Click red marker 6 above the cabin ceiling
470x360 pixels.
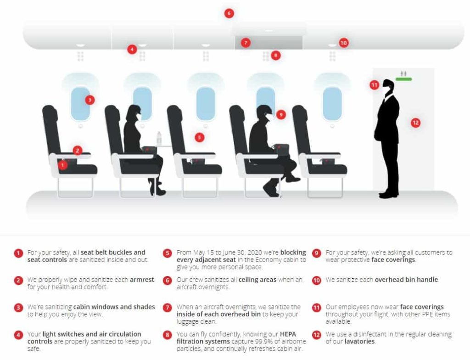coord(229,13)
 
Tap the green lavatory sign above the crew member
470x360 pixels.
coord(404,79)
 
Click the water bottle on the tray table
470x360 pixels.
coord(159,138)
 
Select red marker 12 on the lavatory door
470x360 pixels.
coord(415,123)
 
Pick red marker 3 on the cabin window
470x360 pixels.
coord(90,100)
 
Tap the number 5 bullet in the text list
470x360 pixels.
coord(168,253)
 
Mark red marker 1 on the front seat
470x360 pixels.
coord(63,164)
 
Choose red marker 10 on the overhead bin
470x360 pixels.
coord(343,43)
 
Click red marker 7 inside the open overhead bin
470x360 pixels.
coord(246,43)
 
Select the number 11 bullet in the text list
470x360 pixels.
coord(316,308)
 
